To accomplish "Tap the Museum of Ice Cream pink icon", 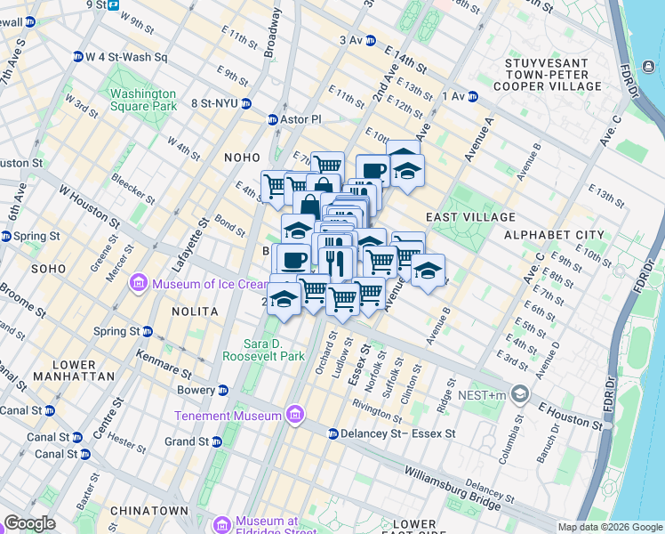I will [x=139, y=284].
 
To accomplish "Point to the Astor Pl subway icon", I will [x=273, y=119].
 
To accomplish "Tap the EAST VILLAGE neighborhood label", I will [x=470, y=217].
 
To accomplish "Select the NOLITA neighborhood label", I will [x=196, y=311].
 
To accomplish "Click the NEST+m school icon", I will [x=520, y=393].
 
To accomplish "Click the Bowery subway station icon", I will [x=223, y=390].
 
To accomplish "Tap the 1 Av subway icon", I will [x=473, y=96].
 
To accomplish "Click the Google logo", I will [x=30, y=523].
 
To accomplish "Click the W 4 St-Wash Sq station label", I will [x=126, y=57].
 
